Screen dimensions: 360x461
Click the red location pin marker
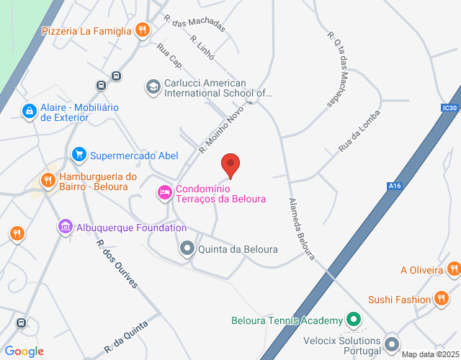pyautogui.click(x=230, y=166)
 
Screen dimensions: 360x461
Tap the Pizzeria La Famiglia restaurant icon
pyautogui.click(x=143, y=30)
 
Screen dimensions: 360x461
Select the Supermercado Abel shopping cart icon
pyautogui.click(x=79, y=154)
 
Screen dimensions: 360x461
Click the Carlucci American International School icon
pyautogui.click(x=153, y=87)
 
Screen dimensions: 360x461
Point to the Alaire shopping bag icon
pyautogui.click(x=29, y=112)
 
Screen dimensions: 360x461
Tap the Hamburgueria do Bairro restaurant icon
pyautogui.click(x=48, y=180)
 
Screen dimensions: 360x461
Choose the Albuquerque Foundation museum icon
pyautogui.click(x=66, y=228)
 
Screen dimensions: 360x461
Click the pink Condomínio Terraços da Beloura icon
pyautogui.click(x=164, y=192)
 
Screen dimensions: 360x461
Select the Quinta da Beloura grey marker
pyautogui.click(x=187, y=249)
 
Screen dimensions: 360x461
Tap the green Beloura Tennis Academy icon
pyautogui.click(x=353, y=319)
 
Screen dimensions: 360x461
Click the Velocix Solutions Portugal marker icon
pyautogui.click(x=392, y=343)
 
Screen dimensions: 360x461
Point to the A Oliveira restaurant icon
pyautogui.click(x=453, y=270)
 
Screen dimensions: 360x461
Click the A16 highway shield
pyautogui.click(x=394, y=186)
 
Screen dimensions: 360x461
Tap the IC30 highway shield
pyautogui.click(x=450, y=108)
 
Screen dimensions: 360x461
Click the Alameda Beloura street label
pyautogui.click(x=303, y=228)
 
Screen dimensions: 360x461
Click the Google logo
pyautogui.click(x=24, y=351)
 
